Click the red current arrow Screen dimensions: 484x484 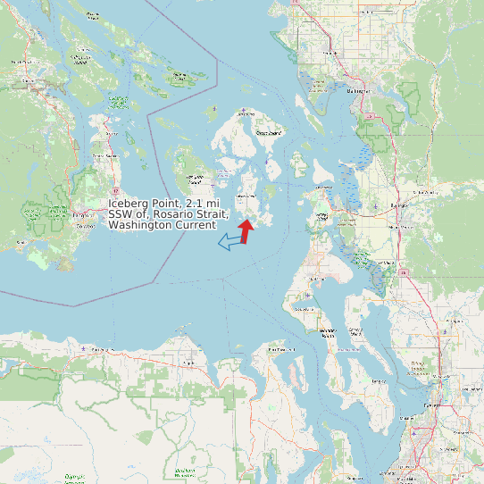(x=246, y=230)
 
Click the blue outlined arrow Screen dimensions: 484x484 (x=232, y=240)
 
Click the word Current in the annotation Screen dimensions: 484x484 (x=196, y=225)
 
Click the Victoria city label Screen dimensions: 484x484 (x=83, y=213)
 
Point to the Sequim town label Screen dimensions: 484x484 (x=188, y=364)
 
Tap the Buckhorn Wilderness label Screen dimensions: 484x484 (x=185, y=471)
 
